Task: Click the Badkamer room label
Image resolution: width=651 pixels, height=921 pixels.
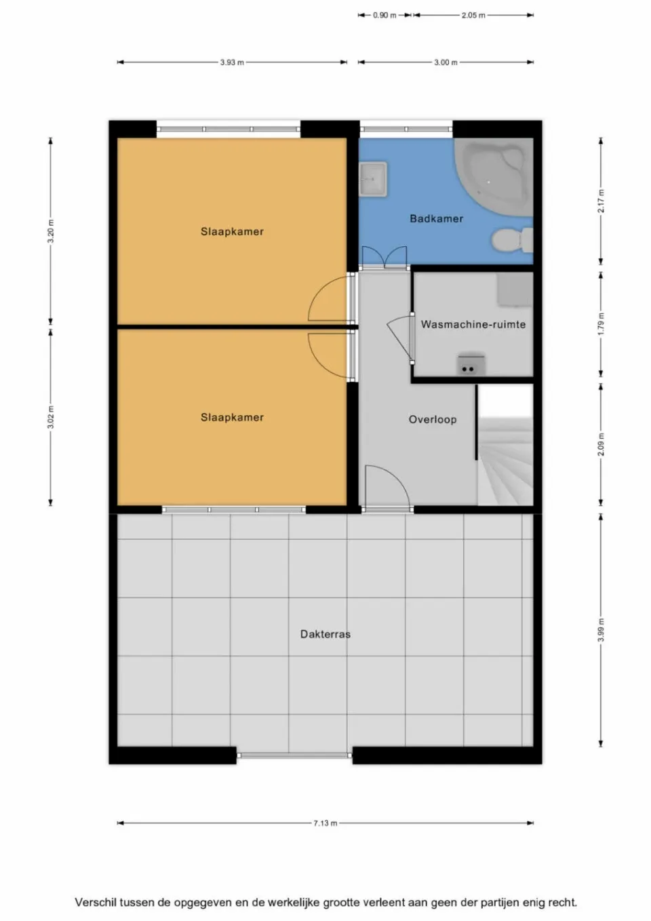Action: (x=436, y=218)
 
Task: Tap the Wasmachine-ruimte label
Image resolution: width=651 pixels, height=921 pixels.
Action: (x=473, y=324)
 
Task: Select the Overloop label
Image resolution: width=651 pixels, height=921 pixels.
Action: (x=432, y=419)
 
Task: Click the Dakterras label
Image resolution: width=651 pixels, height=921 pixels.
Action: (x=325, y=634)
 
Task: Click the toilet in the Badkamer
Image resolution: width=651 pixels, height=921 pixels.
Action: (x=512, y=240)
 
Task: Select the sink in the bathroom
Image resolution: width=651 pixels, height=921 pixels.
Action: (x=372, y=180)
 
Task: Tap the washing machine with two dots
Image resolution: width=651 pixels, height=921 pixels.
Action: (x=470, y=365)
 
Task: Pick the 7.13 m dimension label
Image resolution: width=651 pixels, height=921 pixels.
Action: (x=325, y=823)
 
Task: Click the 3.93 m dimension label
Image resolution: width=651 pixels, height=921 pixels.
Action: (x=231, y=62)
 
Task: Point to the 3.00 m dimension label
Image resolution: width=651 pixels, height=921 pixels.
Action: (x=446, y=62)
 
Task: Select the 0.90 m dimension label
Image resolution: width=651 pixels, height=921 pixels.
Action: (x=384, y=15)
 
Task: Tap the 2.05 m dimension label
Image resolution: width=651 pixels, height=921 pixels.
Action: (x=473, y=15)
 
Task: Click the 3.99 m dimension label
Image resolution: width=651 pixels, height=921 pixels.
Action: (x=601, y=630)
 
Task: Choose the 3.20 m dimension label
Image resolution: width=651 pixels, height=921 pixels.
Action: (x=51, y=232)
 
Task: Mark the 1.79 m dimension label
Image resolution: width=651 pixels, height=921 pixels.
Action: (x=601, y=324)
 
